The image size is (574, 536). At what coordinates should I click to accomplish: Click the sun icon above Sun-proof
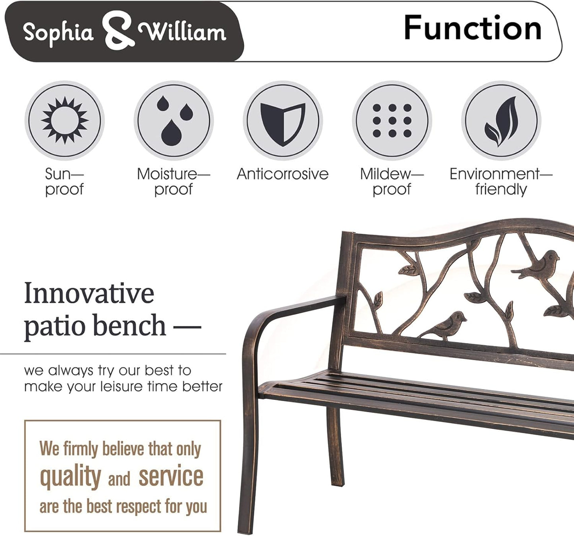pyautogui.click(x=64, y=120)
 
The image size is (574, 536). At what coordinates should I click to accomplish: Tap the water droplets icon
pyautogui.click(x=174, y=120)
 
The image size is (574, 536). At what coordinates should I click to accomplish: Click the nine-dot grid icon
pyautogui.click(x=392, y=120)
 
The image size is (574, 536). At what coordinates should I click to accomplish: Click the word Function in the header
pyautogui.click(x=472, y=28)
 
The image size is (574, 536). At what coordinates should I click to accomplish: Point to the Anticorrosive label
pyautogui.click(x=282, y=174)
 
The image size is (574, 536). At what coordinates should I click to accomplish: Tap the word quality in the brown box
pyautogui.click(x=71, y=476)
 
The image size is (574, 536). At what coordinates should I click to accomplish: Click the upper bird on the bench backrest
pyautogui.click(x=536, y=264)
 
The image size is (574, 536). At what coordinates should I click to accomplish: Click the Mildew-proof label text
pyautogui.click(x=392, y=181)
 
